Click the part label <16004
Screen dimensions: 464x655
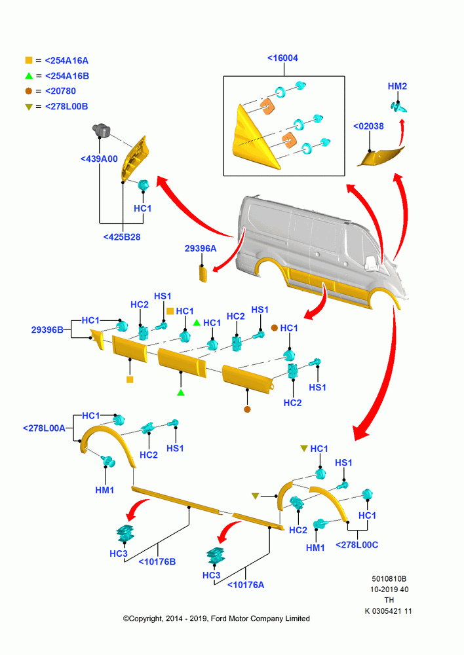pos(282,58)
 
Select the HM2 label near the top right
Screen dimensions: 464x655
pos(397,86)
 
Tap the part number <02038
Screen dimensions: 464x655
pos(368,126)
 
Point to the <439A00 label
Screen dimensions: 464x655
pos(99,159)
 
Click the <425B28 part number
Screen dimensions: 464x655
pos(122,237)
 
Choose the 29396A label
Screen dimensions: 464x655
pos(201,248)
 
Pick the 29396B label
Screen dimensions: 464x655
pos(47,330)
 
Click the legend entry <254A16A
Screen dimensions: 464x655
pos(66,60)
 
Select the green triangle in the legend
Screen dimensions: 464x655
pos(28,76)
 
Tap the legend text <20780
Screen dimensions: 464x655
pos(60,91)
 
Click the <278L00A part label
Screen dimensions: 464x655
pos(44,428)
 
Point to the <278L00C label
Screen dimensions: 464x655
pos(357,545)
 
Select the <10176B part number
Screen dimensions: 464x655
pos(157,562)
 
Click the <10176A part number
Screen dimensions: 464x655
pos(245,585)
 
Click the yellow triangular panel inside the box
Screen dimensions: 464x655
pos(252,142)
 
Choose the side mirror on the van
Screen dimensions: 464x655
pos(370,263)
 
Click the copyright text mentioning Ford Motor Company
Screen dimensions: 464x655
pos(216,619)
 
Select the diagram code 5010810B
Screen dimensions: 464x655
pos(389,579)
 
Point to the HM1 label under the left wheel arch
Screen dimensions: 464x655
pos(104,490)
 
